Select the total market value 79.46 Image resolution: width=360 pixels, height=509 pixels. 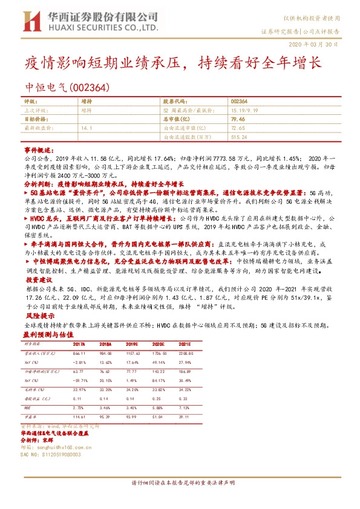(x=238, y=120)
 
